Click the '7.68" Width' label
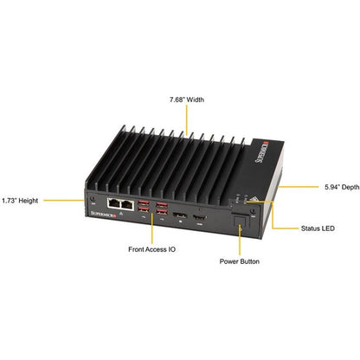[x=187, y=100]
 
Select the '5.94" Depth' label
[x=342, y=187]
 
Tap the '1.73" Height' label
[x=20, y=201]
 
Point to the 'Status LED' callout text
[x=318, y=228]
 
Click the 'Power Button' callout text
[x=240, y=261]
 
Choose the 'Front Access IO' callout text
[x=151, y=249]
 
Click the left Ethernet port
[x=114, y=203]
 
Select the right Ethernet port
[x=127, y=204]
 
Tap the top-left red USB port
[x=144, y=202]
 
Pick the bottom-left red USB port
[x=144, y=209]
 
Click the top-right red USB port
[x=162, y=205]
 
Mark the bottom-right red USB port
[x=162, y=212]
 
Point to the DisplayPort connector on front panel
[x=180, y=215]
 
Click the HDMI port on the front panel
[x=199, y=217]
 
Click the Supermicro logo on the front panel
[x=103, y=214]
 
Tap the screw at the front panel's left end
[x=93, y=199]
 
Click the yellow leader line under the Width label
[x=187, y=119]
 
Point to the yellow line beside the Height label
[x=64, y=200]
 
